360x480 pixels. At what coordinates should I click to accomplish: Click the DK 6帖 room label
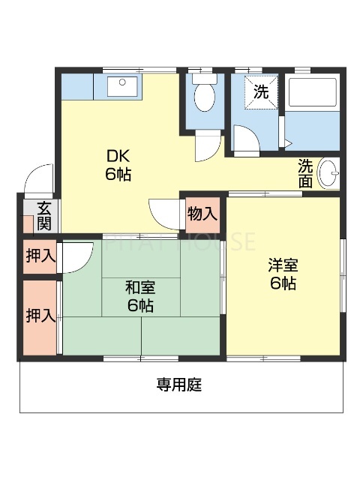click(118, 166)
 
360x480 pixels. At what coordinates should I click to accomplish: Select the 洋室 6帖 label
click(283, 274)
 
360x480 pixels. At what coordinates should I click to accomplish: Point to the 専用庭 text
click(179, 385)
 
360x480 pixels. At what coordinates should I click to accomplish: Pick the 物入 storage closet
click(202, 214)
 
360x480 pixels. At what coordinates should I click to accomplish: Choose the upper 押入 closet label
click(40, 256)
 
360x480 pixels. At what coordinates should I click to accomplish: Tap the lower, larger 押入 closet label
click(40, 316)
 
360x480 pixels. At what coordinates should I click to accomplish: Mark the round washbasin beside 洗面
click(328, 174)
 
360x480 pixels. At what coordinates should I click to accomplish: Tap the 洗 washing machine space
click(259, 92)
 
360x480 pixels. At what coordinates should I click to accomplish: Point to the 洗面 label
click(305, 172)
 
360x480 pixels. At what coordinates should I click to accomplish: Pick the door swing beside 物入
click(164, 213)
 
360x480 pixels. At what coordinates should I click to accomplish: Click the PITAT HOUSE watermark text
click(180, 241)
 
